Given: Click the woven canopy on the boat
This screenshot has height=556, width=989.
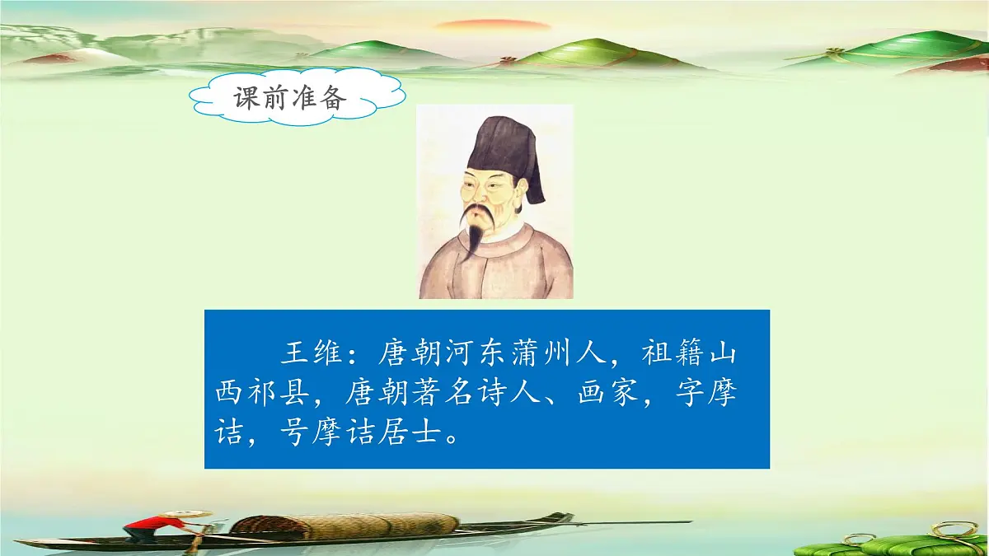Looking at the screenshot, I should click(x=346, y=524).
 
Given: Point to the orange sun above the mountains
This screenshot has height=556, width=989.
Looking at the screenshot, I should click(x=492, y=25).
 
